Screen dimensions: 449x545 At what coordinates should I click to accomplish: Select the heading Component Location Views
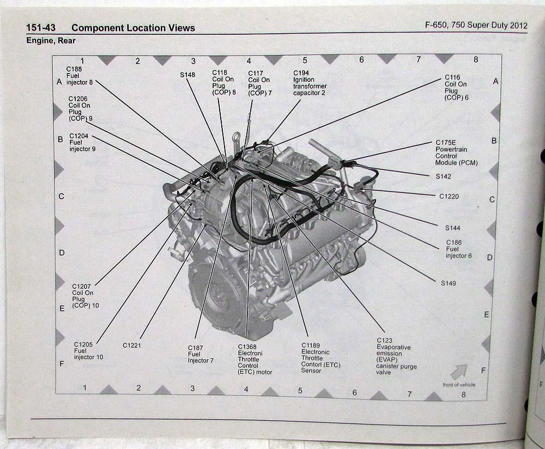133,28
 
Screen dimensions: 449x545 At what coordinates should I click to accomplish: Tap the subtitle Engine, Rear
51,41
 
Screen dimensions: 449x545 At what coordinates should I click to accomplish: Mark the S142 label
443,177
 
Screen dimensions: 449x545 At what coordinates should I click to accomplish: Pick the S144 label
452,228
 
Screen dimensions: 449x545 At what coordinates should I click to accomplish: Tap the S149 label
449,283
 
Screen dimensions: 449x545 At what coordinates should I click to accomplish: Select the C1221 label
132,345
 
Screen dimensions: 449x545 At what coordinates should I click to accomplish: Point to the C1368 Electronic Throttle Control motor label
255,359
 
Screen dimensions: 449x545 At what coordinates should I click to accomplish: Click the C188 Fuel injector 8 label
80,76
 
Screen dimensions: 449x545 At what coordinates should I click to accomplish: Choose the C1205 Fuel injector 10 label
88,350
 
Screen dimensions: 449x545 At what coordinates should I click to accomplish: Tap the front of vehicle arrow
458,372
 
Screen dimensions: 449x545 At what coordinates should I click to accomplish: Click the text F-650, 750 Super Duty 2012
476,25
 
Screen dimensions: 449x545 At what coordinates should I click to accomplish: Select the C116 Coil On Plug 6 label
456,88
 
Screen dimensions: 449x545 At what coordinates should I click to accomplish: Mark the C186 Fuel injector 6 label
458,249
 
